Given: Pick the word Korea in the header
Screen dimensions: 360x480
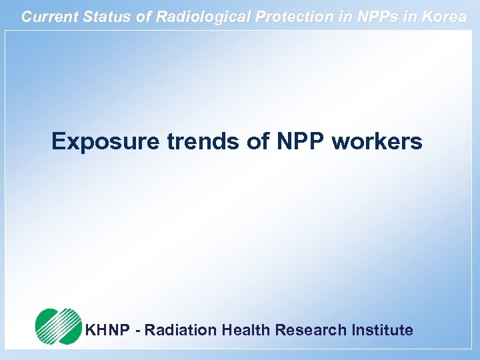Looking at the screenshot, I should pos(443,17).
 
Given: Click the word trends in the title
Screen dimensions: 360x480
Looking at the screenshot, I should pos(186,141).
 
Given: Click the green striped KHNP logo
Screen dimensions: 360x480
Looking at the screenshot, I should pos(57,327).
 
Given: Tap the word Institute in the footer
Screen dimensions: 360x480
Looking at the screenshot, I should pos(383,330).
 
